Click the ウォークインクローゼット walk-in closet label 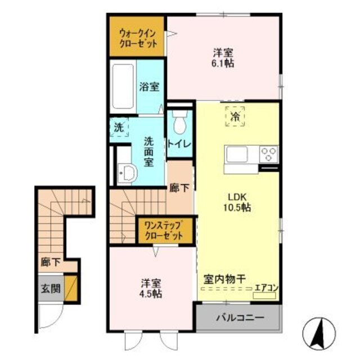tap(137, 37)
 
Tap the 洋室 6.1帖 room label tap(223, 58)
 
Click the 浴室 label tap(148, 88)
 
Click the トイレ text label tap(179, 144)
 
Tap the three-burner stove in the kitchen tap(268, 152)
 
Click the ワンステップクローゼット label tap(161, 231)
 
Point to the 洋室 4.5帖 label tap(151, 289)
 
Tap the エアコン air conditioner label tap(267, 289)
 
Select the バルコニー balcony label tap(238, 317)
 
